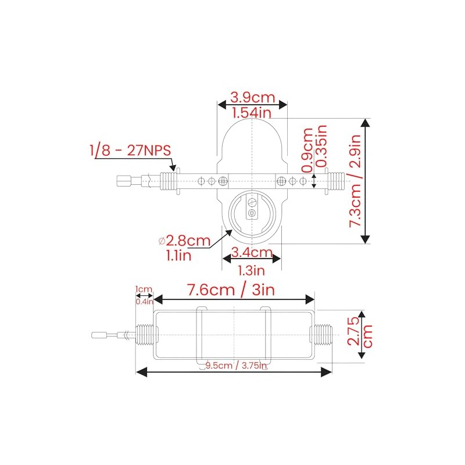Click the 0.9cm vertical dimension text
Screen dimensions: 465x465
pos(307,149)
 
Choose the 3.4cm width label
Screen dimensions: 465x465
pos(252,252)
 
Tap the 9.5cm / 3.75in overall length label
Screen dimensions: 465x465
pos(235,366)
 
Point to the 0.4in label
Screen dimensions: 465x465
pos(144,301)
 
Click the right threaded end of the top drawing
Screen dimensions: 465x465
pos(336,181)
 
